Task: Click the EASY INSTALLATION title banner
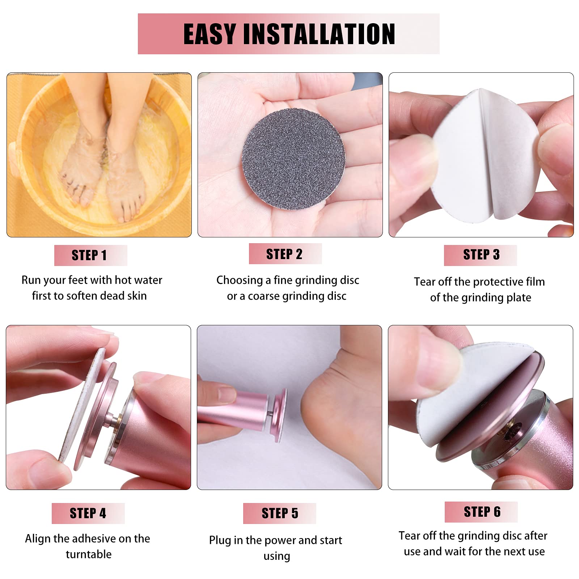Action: pyautogui.click(x=289, y=34)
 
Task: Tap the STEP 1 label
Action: pyautogui.click(x=90, y=255)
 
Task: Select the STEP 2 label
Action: pyautogui.click(x=285, y=254)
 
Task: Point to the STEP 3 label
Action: pyautogui.click(x=481, y=255)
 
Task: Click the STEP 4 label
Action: pyautogui.click(x=88, y=513)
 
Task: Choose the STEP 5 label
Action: pyautogui.click(x=280, y=513)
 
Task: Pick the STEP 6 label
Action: pyautogui.click(x=481, y=512)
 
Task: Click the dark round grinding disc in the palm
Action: pyautogui.click(x=293, y=160)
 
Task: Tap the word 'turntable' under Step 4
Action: pyautogui.click(x=89, y=554)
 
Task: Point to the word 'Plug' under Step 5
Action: pyautogui.click(x=220, y=541)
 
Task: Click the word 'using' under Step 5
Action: pyautogui.click(x=277, y=556)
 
